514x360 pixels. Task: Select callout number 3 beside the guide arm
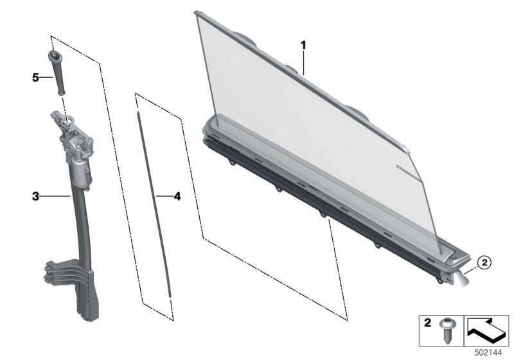click(x=37, y=194)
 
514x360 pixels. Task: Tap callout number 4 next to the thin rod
click(x=177, y=195)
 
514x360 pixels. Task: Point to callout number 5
click(x=36, y=77)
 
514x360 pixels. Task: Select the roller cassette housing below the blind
click(x=321, y=193)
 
